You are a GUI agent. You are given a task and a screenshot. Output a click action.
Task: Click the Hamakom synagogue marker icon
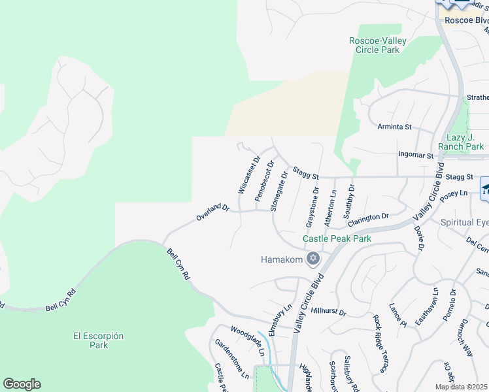312,259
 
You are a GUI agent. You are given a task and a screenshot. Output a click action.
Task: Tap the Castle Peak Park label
337,238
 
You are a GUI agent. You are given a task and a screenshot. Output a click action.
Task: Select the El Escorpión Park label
99,340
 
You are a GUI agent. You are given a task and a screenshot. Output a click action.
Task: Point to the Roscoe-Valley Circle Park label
378,45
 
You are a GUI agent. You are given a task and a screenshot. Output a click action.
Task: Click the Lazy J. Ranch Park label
458,142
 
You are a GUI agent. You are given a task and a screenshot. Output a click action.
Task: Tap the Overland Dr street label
214,213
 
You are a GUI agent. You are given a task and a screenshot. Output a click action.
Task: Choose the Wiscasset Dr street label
248,175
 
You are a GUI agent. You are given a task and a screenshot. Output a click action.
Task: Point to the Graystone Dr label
312,208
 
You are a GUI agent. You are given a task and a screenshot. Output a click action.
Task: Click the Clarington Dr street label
368,218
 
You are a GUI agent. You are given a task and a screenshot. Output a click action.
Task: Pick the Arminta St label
395,125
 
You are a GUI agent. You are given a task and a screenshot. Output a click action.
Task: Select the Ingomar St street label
416,155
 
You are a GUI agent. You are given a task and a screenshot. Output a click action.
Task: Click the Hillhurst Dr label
328,312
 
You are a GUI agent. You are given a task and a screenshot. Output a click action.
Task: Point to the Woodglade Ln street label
246,340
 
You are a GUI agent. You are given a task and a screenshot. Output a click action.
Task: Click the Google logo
22,384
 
